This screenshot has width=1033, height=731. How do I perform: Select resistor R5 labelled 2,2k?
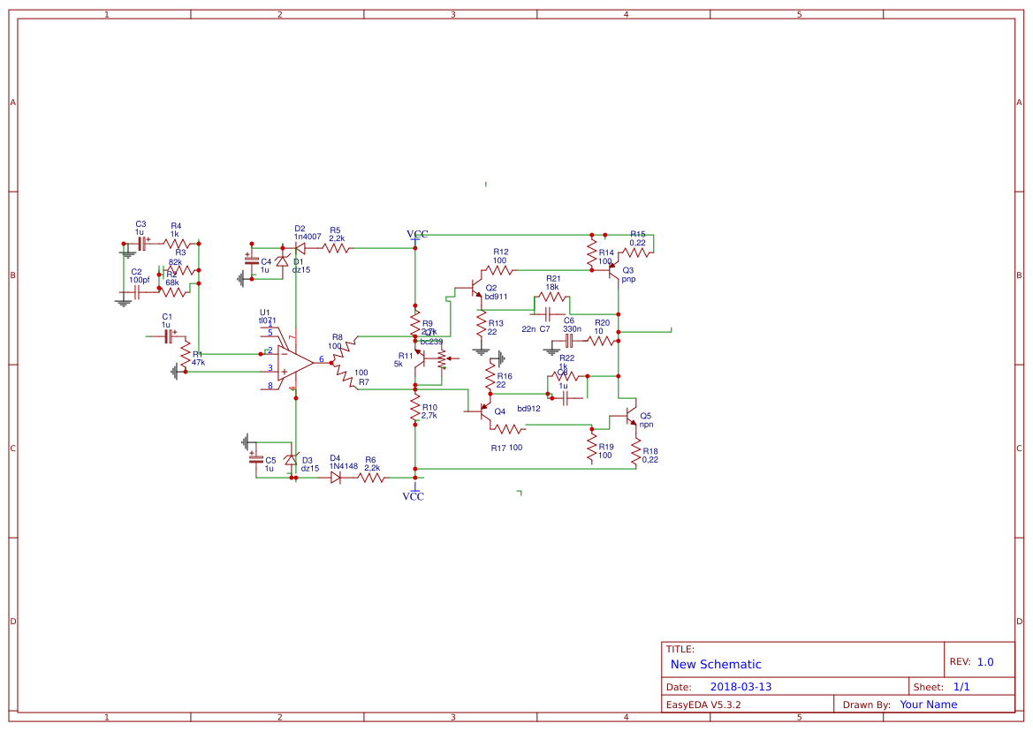(337, 250)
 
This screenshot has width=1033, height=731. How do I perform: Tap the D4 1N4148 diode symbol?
(336, 478)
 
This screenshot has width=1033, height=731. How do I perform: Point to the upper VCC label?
(417, 234)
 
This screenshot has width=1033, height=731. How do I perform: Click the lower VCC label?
(413, 496)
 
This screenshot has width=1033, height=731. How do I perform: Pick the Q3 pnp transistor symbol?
(611, 271)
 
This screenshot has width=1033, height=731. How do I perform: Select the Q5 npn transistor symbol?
(630, 415)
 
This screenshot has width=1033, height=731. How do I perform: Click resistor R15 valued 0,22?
(638, 252)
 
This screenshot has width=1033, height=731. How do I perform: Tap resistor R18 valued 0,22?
(635, 449)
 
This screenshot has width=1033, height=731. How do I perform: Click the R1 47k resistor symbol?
(186, 357)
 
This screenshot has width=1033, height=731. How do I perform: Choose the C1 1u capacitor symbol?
(167, 336)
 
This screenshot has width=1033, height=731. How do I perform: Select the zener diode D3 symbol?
(290, 460)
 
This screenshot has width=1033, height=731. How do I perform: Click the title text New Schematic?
(715, 664)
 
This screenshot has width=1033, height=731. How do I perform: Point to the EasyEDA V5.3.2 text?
(703, 705)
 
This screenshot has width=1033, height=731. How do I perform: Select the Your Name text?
(928, 705)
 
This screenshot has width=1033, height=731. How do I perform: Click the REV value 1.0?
(985, 661)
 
